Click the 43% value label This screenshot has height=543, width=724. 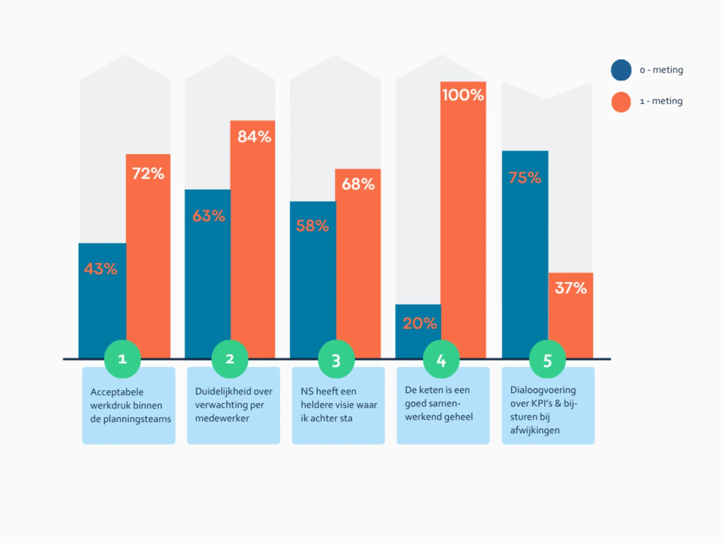click(101, 269)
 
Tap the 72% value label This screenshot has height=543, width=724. click(148, 173)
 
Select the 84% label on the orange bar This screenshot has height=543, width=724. click(254, 137)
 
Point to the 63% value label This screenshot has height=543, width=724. click(209, 216)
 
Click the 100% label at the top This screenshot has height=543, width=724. click(463, 95)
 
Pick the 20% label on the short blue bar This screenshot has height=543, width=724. click(419, 323)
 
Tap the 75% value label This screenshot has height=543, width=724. click(525, 178)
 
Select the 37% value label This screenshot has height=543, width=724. click(571, 288)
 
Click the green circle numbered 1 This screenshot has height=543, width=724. click(122, 359)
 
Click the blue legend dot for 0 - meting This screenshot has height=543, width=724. click(621, 70)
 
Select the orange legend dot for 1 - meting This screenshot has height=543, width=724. click(621, 102)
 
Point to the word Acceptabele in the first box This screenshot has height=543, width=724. click(117, 392)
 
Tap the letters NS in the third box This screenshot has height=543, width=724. click(307, 391)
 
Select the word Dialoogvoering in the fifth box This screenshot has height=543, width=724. click(543, 390)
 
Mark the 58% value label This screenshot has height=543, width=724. click(312, 226)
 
